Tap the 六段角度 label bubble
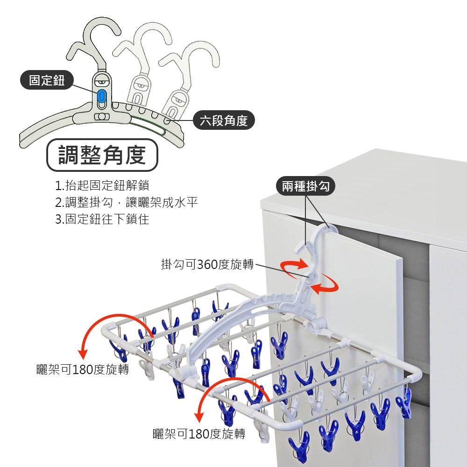pos(224,121)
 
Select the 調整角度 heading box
pos(102,155)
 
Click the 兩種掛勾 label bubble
pos(306,187)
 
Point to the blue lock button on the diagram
pos(102,96)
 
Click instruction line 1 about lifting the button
pos(102,185)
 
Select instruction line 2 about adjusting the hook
pos(126,202)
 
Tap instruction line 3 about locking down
pos(102,219)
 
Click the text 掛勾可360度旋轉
pos(207,264)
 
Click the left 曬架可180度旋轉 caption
pos(83,370)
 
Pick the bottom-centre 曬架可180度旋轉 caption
pos(199,434)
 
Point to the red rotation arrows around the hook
pos(309,278)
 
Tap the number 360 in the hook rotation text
pos(207,264)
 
